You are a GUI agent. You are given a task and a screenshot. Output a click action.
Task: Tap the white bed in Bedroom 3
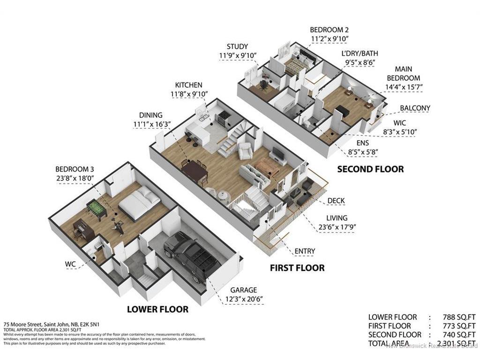coord(139,203)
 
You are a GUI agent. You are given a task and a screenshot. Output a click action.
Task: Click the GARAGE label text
coord(243,290)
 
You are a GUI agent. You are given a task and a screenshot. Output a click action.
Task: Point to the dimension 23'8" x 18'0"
coord(75,178)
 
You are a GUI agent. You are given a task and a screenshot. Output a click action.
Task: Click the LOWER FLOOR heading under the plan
coord(157,309)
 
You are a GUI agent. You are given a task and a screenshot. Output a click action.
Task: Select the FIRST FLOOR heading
coord(297,268)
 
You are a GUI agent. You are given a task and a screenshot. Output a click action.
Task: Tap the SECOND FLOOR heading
coord(370,169)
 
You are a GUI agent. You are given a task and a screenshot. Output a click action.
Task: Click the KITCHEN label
coord(188,85)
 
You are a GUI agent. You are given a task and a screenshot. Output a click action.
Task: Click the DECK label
coord(336,201)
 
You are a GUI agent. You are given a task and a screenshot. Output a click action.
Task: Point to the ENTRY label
coord(305,251)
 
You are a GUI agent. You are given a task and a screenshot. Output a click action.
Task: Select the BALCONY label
coord(414,108)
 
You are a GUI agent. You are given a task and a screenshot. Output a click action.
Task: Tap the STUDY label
coord(237,46)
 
